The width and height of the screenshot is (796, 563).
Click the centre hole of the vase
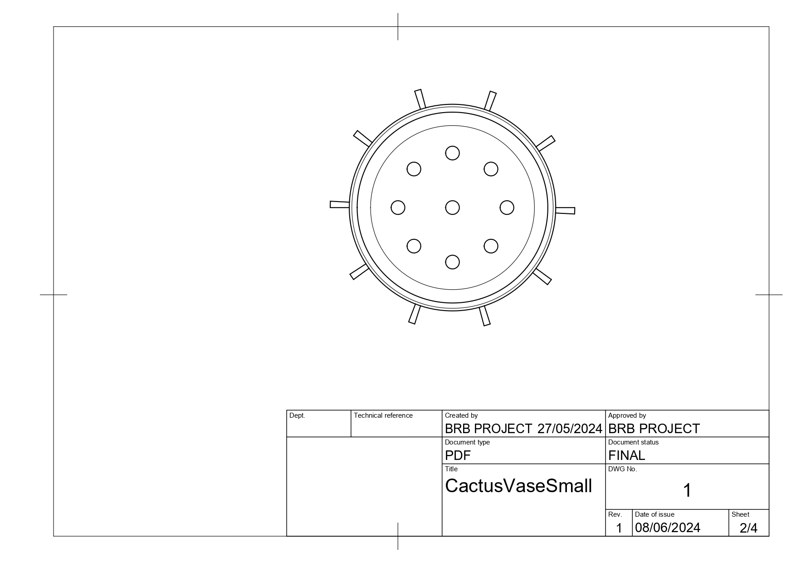tap(452, 207)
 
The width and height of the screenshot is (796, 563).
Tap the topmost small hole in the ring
tap(452, 153)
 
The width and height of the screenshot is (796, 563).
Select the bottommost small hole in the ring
tap(452, 262)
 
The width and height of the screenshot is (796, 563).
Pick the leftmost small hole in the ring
tap(398, 207)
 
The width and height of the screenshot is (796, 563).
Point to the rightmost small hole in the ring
tap(507, 207)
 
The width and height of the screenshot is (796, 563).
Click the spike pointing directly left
tap(340, 204)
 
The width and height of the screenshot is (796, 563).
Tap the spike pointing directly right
tap(565, 210)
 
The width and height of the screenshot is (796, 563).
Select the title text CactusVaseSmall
tap(518, 486)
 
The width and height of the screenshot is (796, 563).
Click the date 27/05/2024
tap(570, 429)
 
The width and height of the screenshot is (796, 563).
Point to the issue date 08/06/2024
tap(668, 528)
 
